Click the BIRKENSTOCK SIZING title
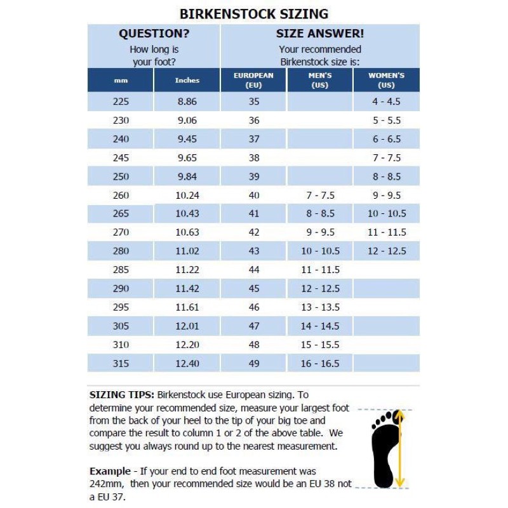pos(253,14)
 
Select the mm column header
pos(121,81)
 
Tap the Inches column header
pos(187,81)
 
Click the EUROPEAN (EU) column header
pos(254,80)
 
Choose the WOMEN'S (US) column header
pos(386,80)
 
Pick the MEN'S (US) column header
pos(320,80)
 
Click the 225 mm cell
pos(121,102)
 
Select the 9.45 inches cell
pos(187,139)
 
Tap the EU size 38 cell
pos(254,157)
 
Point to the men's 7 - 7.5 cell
pos(320,195)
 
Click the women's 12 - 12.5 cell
pos(386,251)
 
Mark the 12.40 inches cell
pos(187,363)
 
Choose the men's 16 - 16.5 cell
pos(320,363)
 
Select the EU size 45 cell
pos(254,288)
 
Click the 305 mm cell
pos(121,326)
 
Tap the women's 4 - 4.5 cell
pos(386,102)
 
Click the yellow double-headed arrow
pos(400,448)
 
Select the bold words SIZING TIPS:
pos(121,394)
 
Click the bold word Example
pos(109,471)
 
